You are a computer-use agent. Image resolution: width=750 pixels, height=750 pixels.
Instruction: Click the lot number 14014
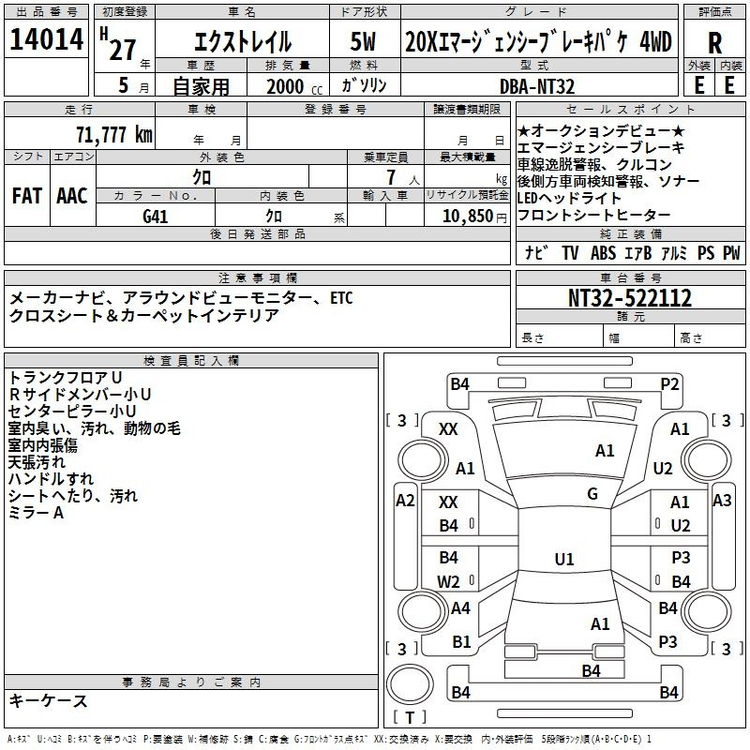tap(46, 39)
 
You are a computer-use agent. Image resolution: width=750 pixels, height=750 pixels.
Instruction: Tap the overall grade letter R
tap(714, 43)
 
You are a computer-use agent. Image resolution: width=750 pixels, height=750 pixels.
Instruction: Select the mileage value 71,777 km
tap(114, 135)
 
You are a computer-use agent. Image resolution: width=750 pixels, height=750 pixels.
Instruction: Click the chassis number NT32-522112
tap(629, 298)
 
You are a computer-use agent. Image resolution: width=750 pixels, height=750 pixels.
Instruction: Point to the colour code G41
tap(155, 217)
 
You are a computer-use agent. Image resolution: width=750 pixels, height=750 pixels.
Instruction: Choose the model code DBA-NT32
tap(536, 86)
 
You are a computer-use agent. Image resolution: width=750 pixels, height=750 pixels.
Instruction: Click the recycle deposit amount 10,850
tap(467, 217)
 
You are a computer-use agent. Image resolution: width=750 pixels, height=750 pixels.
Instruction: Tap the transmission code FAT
tap(27, 196)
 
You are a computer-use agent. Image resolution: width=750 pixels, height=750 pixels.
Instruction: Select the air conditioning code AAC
tap(72, 196)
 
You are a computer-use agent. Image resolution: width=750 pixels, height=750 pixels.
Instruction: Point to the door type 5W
tap(363, 41)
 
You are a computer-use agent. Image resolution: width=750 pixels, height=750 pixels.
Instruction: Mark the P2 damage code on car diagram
tap(669, 384)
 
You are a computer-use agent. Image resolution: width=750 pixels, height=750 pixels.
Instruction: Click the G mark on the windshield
tap(592, 494)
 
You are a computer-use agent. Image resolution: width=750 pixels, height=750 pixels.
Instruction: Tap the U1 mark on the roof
tap(564, 559)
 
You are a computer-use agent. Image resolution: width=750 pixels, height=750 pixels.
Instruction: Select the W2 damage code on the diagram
tap(448, 581)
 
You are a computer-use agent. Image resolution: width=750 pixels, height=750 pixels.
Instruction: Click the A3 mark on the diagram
tap(722, 501)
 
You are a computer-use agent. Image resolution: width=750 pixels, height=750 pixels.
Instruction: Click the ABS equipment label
tap(603, 253)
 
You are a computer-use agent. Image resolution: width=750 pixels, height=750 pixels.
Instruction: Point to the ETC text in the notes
tap(341, 298)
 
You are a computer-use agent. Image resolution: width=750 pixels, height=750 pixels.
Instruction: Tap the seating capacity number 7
tap(391, 177)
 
